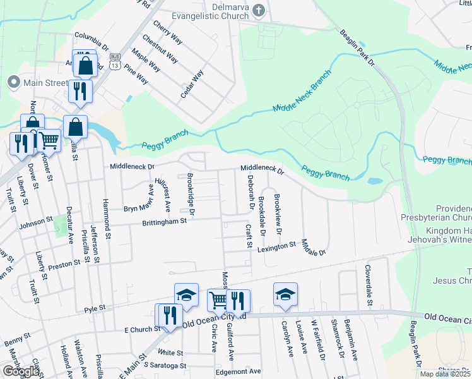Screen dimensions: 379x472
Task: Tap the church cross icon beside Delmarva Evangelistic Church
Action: point(258,10)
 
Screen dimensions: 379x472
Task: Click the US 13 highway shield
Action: point(115,64)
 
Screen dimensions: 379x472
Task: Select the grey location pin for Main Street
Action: point(13,82)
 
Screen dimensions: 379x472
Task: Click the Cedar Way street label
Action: point(192,83)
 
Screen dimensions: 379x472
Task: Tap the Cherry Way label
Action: point(168,32)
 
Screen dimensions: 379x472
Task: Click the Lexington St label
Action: point(276,246)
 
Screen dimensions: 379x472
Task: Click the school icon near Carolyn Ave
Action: point(285,294)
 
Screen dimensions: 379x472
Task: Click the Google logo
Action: point(20,371)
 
